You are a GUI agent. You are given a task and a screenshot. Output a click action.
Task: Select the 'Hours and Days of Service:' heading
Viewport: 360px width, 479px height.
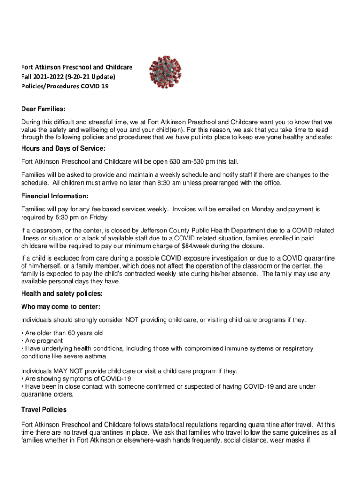click(x=63, y=149)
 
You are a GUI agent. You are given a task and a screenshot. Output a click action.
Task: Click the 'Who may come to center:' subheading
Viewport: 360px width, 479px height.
click(x=61, y=307)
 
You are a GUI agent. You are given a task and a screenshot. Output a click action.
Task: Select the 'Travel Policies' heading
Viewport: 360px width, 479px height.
click(x=44, y=410)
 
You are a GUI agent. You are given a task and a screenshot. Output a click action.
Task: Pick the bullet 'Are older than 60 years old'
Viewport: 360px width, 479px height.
click(x=63, y=333)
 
